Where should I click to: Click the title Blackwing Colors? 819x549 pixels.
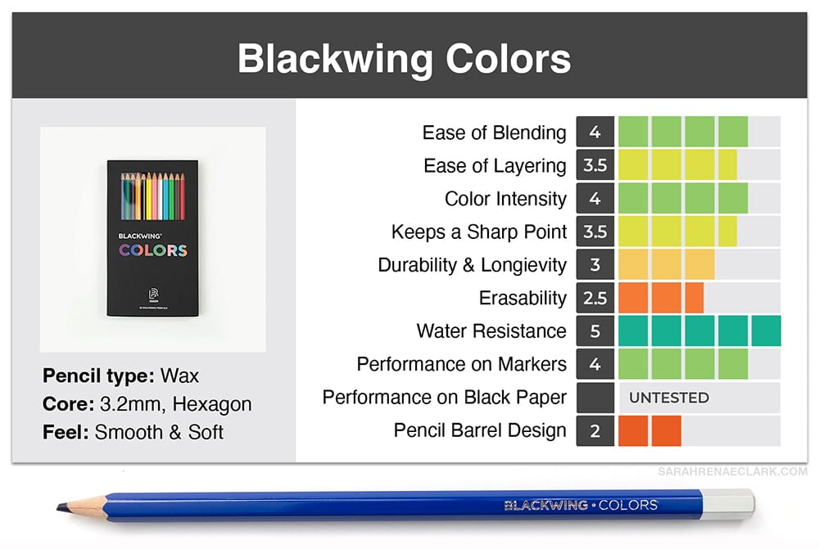click(404, 58)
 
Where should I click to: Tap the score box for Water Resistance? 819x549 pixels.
click(595, 331)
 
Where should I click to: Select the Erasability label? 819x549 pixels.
click(523, 298)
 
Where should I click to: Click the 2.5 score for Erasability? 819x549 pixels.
click(595, 298)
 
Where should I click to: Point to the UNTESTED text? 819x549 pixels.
click(669, 398)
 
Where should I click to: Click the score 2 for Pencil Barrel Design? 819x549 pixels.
click(595, 430)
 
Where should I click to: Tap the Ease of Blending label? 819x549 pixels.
click(494, 133)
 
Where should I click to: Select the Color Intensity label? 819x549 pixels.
click(505, 199)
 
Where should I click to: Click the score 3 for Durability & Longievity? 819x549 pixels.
click(595, 264)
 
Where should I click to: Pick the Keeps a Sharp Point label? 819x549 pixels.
click(479, 232)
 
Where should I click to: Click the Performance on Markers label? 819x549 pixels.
click(462, 364)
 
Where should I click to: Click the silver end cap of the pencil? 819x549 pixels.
click(728, 504)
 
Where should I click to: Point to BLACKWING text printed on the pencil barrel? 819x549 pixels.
click(545, 505)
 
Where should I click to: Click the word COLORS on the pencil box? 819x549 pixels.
click(152, 250)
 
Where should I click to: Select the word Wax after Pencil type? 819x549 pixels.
click(179, 376)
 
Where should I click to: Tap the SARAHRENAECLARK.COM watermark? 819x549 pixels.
click(732, 472)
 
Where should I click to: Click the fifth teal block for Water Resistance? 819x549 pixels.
click(767, 331)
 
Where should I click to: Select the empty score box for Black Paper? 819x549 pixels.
click(595, 398)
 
